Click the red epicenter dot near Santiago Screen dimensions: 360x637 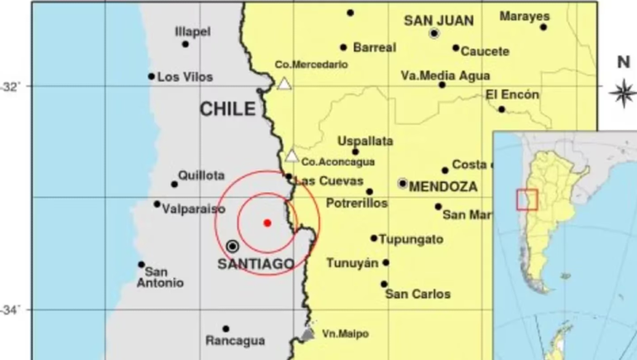[x=266, y=223]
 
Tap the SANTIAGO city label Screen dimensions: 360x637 [x=256, y=264]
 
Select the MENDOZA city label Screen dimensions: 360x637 [x=443, y=186]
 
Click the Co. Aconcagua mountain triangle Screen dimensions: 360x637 [x=291, y=156]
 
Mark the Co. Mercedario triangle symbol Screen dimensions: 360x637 [x=284, y=84]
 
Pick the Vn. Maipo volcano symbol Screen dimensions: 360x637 [x=308, y=334]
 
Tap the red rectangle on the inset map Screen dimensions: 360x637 [x=527, y=199]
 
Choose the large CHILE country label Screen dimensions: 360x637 [x=227, y=108]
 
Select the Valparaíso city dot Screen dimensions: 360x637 [x=157, y=204]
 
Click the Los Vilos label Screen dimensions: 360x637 [x=185, y=77]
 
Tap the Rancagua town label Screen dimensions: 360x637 [x=235, y=341]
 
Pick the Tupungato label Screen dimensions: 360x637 [x=411, y=239]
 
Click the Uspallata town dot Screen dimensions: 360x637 [x=356, y=151]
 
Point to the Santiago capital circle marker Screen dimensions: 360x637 [x=233, y=246]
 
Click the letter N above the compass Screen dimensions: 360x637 [x=623, y=61]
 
